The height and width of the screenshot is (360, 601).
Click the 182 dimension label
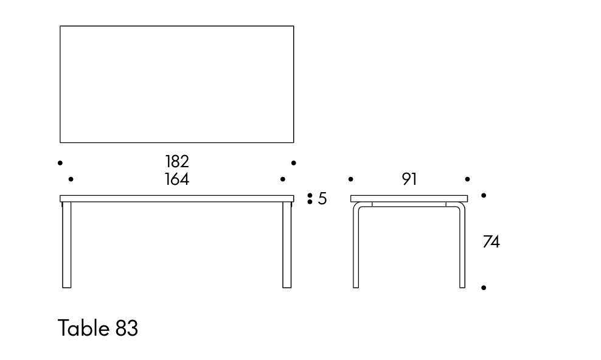coord(177,162)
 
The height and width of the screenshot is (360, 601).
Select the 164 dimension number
coord(177,179)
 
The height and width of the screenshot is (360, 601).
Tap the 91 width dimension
coord(409,179)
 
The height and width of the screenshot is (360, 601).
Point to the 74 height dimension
coord(492,241)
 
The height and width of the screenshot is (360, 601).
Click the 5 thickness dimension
coord(322,199)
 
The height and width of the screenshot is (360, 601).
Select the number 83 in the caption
coord(127,328)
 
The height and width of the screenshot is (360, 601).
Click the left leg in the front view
coord(67,244)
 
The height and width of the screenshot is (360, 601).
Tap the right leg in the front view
coord(287,244)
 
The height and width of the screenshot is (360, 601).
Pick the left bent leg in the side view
coord(356,245)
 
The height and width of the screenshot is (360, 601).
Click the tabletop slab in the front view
coord(176,199)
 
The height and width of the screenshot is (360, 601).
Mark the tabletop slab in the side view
coord(409,199)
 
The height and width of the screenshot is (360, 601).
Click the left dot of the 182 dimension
coord(60,163)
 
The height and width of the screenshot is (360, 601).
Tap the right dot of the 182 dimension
coord(294,163)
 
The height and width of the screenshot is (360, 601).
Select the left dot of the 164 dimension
coord(71,179)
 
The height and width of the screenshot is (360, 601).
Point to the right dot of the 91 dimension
coord(467,179)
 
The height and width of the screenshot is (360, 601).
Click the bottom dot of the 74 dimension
coord(484,288)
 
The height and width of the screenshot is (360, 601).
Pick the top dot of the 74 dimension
coord(484,195)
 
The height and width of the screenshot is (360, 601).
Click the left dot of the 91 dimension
coord(351,179)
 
